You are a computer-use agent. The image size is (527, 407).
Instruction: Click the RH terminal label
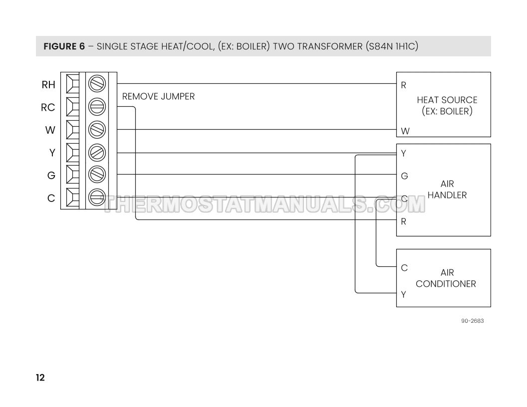coord(48,85)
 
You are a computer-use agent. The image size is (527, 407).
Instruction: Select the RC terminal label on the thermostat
coord(48,107)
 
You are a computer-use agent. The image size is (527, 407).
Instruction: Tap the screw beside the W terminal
coord(96,130)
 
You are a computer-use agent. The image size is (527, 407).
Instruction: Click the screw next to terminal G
coord(96,175)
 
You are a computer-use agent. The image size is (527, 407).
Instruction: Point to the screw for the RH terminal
coord(96,84)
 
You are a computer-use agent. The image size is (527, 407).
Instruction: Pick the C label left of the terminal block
coord(51,199)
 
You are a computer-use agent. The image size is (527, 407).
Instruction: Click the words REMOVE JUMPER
coord(158,96)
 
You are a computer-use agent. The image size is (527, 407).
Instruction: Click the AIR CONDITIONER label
coord(446,278)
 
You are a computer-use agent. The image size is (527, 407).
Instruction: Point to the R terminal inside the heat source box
coord(403,85)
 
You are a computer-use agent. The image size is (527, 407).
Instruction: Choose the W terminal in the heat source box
coord(405,131)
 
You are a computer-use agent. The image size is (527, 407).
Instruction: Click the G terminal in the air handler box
coord(404,176)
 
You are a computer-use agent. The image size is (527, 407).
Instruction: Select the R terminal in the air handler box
coord(403,222)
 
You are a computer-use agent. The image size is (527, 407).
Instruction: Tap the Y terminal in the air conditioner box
coord(403,294)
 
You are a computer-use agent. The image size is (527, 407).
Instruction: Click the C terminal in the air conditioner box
coord(404,268)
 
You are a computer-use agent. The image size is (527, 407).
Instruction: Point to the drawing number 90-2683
coord(472,321)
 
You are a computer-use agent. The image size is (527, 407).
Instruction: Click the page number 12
coord(40,378)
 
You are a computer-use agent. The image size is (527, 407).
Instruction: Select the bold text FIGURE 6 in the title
coord(64,47)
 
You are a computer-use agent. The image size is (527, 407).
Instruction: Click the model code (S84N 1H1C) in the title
coord(391,47)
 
